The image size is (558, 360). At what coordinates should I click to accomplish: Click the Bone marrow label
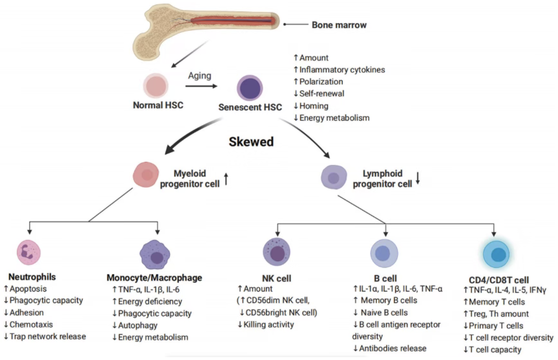[x=339, y=25]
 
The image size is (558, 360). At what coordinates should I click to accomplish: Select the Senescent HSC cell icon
[x=250, y=88]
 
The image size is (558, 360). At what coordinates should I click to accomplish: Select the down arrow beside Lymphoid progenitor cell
[x=418, y=178]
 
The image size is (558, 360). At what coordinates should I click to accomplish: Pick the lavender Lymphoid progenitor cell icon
[x=334, y=177]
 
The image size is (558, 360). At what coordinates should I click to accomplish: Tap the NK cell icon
[x=277, y=255]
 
